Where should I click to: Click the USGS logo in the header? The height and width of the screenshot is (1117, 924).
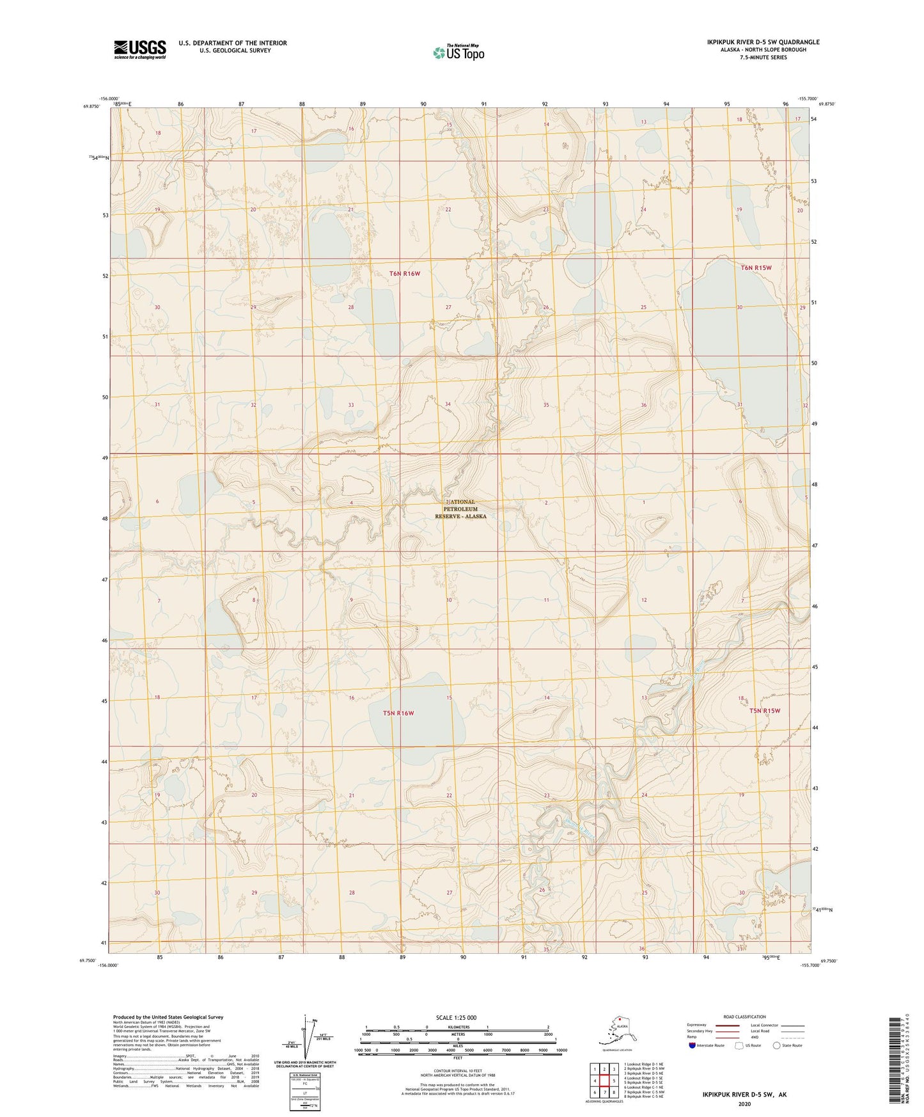[139, 49]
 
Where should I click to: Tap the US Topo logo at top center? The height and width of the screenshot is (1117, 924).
[458, 52]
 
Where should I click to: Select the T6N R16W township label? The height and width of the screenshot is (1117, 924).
[405, 274]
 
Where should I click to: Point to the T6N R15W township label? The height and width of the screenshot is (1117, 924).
[756, 268]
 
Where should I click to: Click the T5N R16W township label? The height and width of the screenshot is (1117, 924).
[398, 713]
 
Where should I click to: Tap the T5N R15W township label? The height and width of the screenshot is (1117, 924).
[765, 711]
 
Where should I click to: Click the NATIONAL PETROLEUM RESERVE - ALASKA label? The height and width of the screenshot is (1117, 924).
[460, 509]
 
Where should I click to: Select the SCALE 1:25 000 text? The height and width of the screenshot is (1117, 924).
[457, 1017]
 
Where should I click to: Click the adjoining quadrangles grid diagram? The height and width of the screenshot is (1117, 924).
[604, 1081]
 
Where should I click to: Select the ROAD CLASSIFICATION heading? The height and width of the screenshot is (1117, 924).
[744, 1017]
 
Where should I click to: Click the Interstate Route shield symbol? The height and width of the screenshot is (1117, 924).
[693, 1045]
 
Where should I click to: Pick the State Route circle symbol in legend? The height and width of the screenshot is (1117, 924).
[776, 1045]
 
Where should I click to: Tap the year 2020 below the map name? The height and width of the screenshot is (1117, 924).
[744, 1104]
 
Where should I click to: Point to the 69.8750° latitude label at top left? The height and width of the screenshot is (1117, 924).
[91, 107]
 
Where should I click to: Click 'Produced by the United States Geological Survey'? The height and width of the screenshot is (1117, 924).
[168, 1017]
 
